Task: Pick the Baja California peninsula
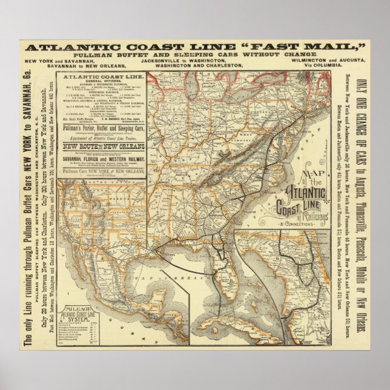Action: coord(73,254)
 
